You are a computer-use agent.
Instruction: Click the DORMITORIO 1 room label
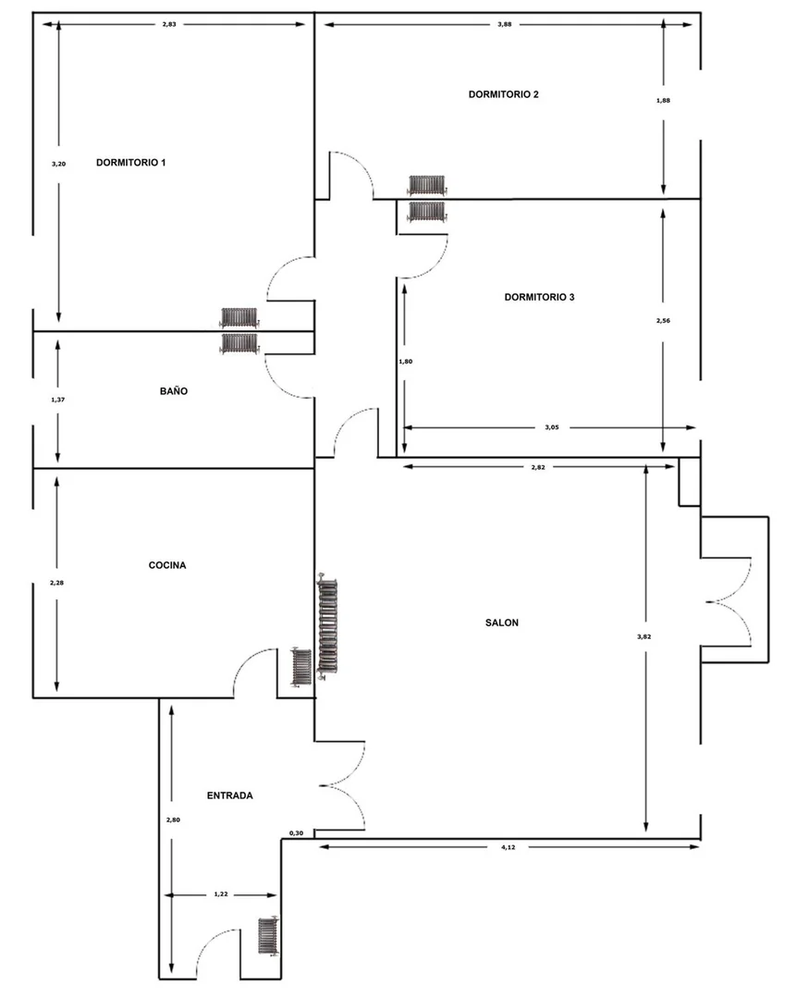pyautogui.click(x=130, y=162)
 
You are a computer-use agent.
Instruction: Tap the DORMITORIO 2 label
pyautogui.click(x=503, y=94)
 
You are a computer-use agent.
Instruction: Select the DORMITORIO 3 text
pyautogui.click(x=539, y=297)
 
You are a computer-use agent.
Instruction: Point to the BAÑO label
pyautogui.click(x=174, y=391)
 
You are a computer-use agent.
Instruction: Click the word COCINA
pyautogui.click(x=167, y=565)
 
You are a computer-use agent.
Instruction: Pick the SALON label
pyautogui.click(x=501, y=622)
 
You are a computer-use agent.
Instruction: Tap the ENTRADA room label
pyautogui.click(x=229, y=795)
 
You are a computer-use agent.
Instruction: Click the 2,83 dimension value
pyautogui.click(x=168, y=24)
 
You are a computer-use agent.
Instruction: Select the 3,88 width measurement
pyautogui.click(x=504, y=24)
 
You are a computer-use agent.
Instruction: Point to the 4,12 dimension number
pyautogui.click(x=508, y=847)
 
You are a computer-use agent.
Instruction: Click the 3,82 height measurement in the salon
pyautogui.click(x=644, y=636)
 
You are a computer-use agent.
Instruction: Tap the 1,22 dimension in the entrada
pyautogui.click(x=221, y=894)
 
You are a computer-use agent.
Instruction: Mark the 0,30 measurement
pyautogui.click(x=296, y=833)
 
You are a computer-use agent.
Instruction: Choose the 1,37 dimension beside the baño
pyautogui.click(x=57, y=400)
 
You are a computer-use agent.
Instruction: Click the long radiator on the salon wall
pyautogui.click(x=327, y=627)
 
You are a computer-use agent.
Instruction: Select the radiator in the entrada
pyautogui.click(x=268, y=935)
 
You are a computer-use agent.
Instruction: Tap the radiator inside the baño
pyautogui.click(x=239, y=344)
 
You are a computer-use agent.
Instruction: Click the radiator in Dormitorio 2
pyautogui.click(x=427, y=185)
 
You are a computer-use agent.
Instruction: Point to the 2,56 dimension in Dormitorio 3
pyautogui.click(x=663, y=321)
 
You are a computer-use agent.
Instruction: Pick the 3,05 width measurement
pyautogui.click(x=552, y=427)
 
